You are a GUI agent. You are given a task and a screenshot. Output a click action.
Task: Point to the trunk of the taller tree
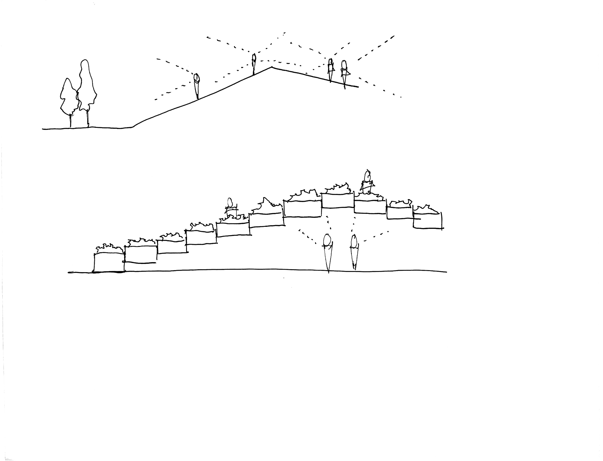(88, 119)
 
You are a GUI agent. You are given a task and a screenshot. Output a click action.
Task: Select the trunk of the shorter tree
(71, 120)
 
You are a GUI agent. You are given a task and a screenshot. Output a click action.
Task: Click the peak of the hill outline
(271, 67)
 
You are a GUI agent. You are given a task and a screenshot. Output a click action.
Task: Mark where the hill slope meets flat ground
(133, 127)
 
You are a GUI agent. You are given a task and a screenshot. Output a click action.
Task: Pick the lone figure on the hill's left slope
(196, 86)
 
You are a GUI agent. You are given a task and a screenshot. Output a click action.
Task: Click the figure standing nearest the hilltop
(254, 64)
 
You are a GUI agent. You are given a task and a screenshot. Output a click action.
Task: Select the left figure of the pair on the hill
(331, 70)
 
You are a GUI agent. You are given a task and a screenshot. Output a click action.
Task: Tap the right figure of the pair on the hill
(344, 72)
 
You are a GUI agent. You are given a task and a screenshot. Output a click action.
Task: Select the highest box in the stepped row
(337, 201)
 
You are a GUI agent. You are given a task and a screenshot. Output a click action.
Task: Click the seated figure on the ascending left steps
(231, 208)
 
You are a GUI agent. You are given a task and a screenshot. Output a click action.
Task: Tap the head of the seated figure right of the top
(367, 176)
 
